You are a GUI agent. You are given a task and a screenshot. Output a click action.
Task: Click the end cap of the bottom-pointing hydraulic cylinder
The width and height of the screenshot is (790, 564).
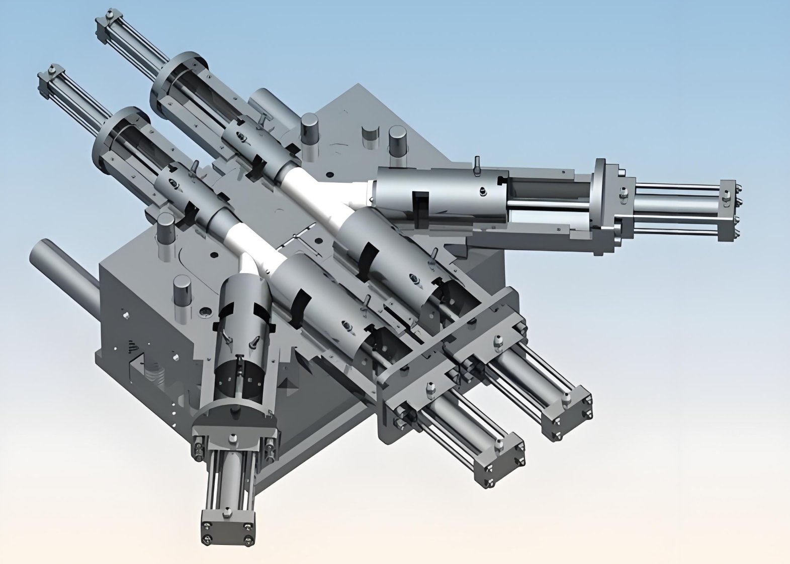pos(227,528)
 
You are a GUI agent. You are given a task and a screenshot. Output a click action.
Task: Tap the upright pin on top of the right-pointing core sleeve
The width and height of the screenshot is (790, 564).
pos(476,166)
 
